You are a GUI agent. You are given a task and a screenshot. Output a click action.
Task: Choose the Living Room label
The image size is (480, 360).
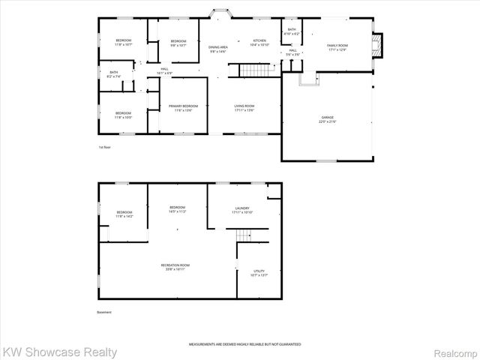[x=244, y=108]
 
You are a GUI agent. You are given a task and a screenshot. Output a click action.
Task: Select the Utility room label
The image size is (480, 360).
[x=259, y=273]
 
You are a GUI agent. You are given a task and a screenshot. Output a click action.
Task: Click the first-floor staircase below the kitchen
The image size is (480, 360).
[x=253, y=70]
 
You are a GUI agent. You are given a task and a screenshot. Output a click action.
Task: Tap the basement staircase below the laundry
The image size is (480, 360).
[x=244, y=236]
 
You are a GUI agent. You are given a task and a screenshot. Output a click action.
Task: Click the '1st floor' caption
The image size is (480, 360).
[x=105, y=146]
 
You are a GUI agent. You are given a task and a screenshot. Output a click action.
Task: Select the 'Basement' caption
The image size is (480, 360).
[x=105, y=312]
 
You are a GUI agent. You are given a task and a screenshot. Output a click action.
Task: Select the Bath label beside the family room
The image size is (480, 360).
[x=292, y=32]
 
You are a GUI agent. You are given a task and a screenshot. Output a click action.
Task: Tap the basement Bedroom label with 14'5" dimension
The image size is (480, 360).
[x=177, y=209]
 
